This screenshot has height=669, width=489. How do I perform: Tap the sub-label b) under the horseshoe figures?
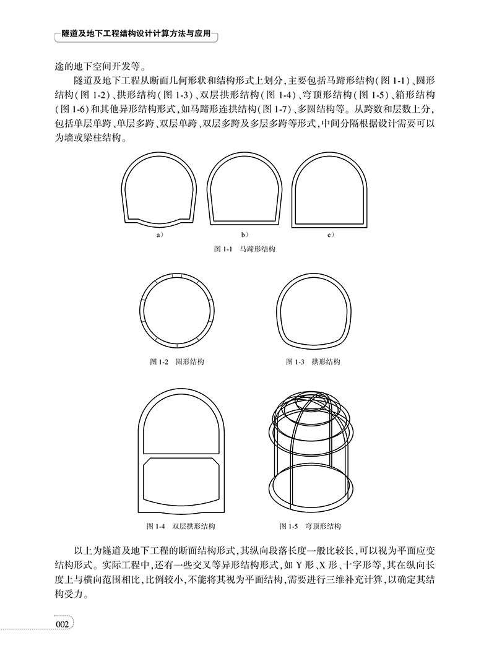pyautogui.click(x=244, y=235)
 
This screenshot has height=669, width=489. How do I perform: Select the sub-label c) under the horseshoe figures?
pyautogui.click(x=331, y=235)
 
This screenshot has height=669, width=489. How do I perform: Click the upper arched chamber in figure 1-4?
pyautogui.click(x=181, y=424)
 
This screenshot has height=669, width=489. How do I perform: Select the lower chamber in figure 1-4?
pyautogui.click(x=181, y=480)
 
